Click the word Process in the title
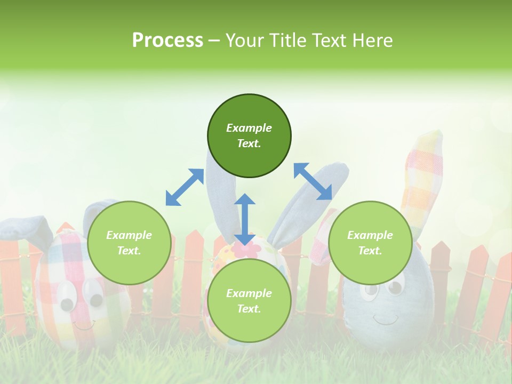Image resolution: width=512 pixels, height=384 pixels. click(167, 40)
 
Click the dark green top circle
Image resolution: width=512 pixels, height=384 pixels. click(249, 136)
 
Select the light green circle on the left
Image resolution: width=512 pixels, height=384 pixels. click(129, 243)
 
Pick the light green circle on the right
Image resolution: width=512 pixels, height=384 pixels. click(370, 243)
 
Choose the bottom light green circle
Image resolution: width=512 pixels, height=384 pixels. click(249, 301)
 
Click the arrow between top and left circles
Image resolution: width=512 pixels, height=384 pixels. click(185, 187)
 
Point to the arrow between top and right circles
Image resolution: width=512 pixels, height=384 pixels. click(313, 181)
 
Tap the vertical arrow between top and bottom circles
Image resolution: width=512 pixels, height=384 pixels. click(245, 219)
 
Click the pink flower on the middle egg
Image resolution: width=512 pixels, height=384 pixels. click(246, 250)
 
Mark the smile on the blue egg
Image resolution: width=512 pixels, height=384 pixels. click(386, 319)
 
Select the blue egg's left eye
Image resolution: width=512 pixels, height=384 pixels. click(369, 291)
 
